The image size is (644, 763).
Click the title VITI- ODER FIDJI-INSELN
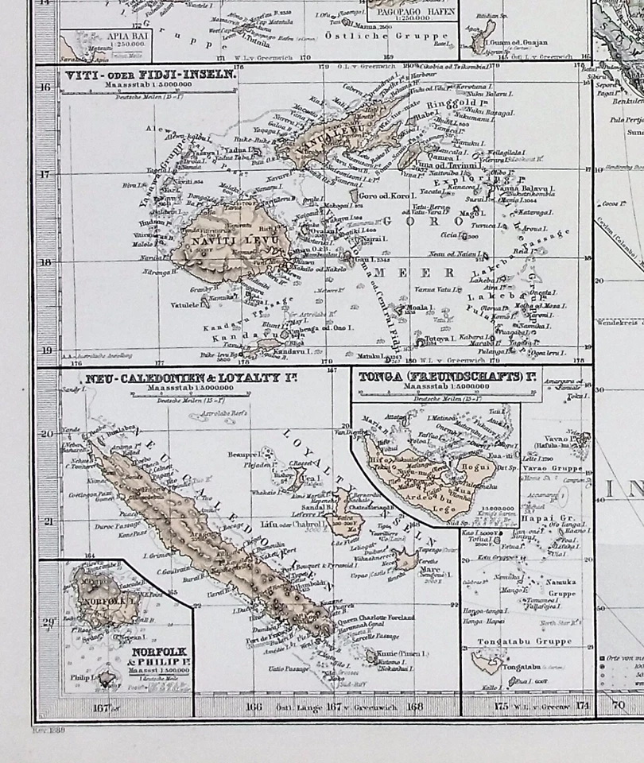pos(148,76)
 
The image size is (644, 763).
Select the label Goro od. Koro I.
pos(387,196)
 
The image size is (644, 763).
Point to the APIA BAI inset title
pos(94,37)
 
